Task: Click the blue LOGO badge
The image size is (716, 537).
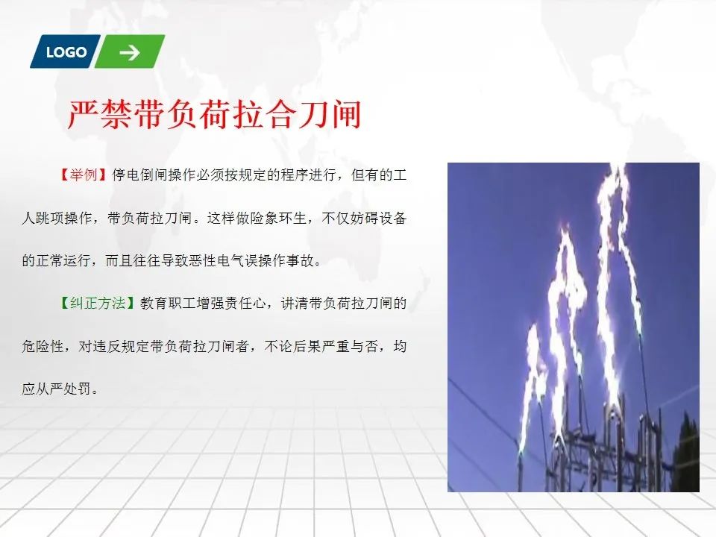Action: [66, 51]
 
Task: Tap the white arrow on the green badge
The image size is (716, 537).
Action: [130, 53]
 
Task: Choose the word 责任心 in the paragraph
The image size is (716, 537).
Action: [245, 304]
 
